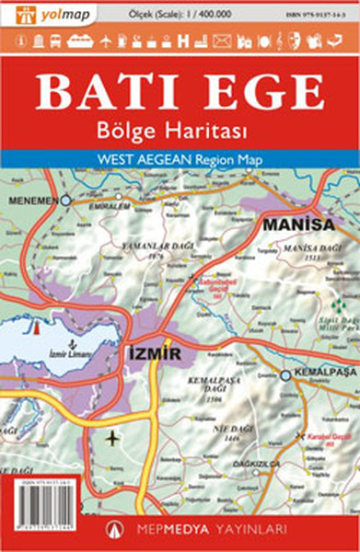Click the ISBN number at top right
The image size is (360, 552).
coord(317,13)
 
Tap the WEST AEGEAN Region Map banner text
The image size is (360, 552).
coord(180,159)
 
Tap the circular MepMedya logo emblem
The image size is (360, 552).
coord(115,528)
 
